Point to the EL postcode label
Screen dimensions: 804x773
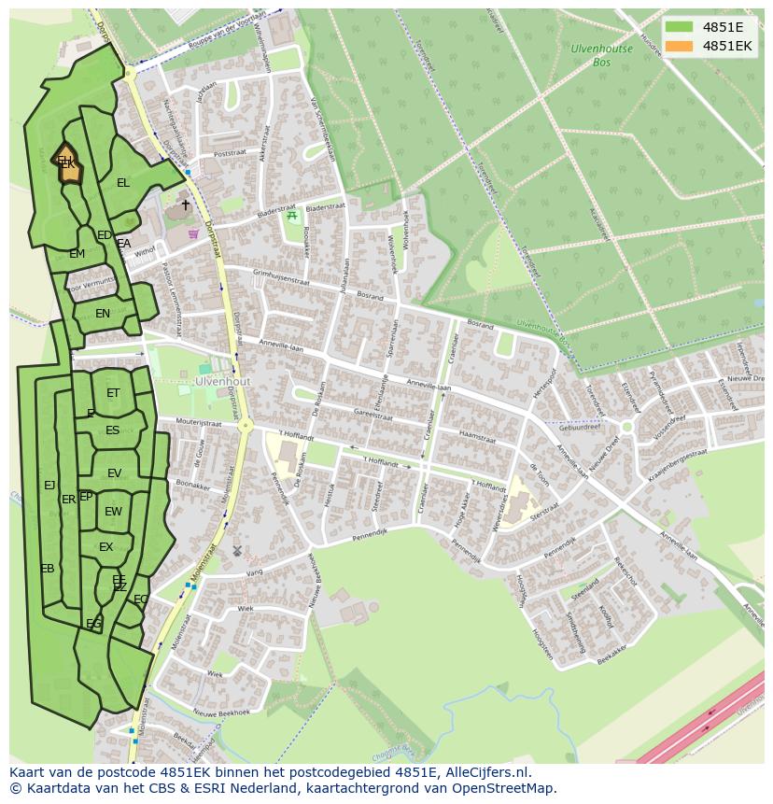pyautogui.click(x=123, y=183)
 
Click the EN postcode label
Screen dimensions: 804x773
pyautogui.click(x=103, y=314)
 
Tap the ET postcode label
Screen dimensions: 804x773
pyautogui.click(x=113, y=393)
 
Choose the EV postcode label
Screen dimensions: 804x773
pyautogui.click(x=114, y=473)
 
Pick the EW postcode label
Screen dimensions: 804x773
pyautogui.click(x=113, y=511)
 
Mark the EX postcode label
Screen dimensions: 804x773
pyautogui.click(x=105, y=547)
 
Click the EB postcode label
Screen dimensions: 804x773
pyautogui.click(x=47, y=569)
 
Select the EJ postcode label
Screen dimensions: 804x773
pyautogui.click(x=49, y=485)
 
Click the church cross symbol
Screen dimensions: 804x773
pyautogui.click(x=185, y=205)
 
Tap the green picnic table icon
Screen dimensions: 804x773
pyautogui.click(x=292, y=216)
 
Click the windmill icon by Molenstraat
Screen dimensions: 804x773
pyautogui.click(x=237, y=552)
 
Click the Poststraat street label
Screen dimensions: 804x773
pyautogui.click(x=229, y=154)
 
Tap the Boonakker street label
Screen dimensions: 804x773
pyautogui.click(x=192, y=485)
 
